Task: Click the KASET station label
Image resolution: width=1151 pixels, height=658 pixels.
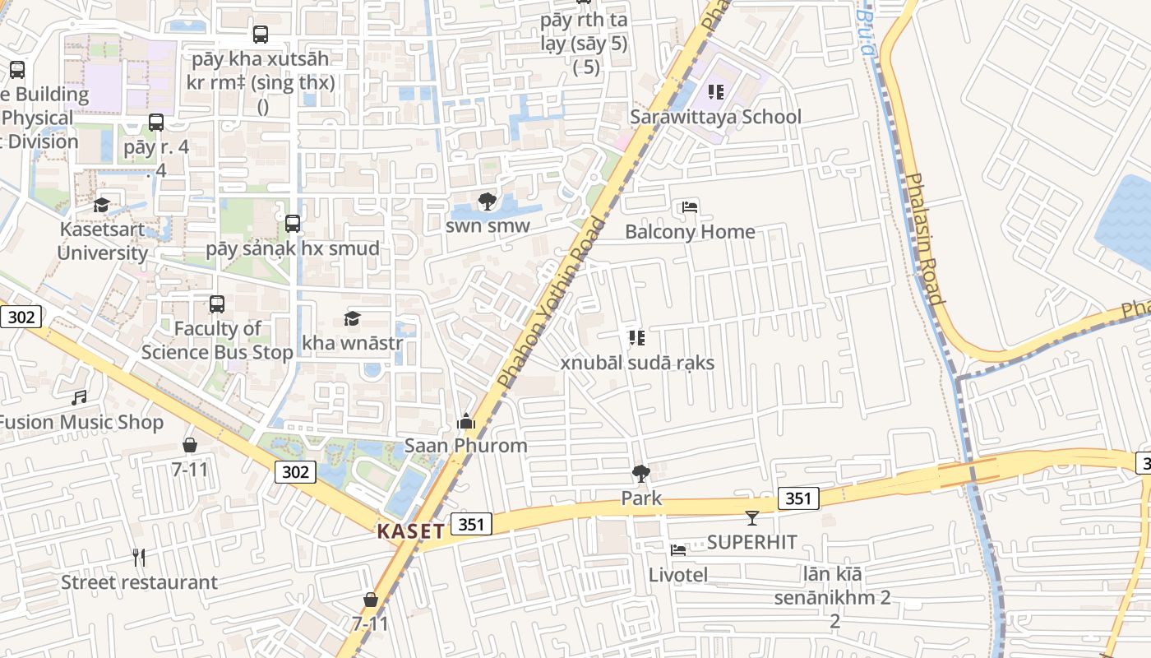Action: click(410, 531)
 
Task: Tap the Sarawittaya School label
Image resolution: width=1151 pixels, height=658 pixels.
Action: click(715, 117)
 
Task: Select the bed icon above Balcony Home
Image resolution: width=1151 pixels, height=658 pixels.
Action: click(690, 207)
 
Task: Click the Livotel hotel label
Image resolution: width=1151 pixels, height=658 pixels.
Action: click(677, 574)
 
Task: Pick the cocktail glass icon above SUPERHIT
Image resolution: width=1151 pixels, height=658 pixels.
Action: click(752, 517)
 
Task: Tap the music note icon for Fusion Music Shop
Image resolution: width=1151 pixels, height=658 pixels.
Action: click(79, 398)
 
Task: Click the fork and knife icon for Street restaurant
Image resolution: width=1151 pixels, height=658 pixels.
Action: click(139, 558)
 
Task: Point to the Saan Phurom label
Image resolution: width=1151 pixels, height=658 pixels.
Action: click(465, 446)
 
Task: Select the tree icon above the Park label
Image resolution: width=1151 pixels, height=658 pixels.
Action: click(640, 474)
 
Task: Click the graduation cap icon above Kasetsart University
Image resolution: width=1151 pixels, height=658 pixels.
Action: click(102, 205)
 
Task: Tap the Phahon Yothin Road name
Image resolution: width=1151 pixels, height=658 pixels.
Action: click(550, 304)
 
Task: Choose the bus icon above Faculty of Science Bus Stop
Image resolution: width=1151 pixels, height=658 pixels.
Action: click(217, 304)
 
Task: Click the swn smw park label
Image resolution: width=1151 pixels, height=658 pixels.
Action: click(488, 225)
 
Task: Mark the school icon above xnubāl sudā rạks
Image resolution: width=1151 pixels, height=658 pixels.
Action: click(636, 338)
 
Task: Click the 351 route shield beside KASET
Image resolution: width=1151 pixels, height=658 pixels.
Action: click(471, 524)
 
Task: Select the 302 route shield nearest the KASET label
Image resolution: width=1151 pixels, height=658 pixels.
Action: click(294, 471)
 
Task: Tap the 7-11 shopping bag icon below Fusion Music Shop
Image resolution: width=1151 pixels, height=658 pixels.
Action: click(190, 445)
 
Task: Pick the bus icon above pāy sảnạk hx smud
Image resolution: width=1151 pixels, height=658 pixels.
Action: click(292, 224)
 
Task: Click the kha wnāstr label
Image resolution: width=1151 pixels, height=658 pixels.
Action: click(352, 342)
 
